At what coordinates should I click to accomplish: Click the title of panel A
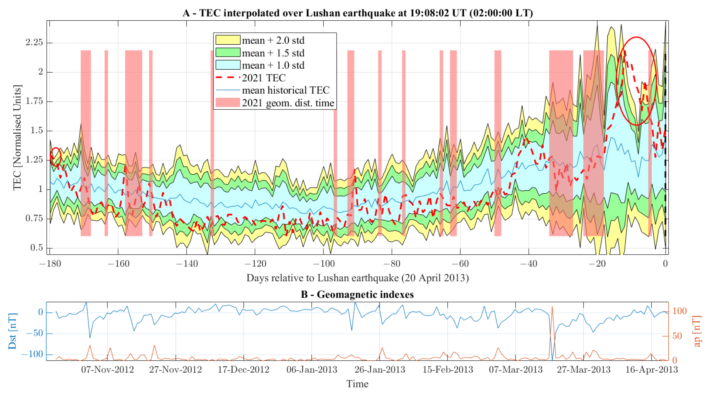[357, 13]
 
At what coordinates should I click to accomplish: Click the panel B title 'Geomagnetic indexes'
[357, 294]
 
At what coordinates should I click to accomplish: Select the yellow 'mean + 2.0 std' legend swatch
[228, 40]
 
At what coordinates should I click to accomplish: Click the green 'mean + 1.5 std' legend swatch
[228, 52]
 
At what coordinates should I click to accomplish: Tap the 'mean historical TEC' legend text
[286, 90]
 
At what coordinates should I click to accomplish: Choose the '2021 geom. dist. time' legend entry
[288, 103]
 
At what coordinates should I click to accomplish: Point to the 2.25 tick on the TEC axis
[34, 42]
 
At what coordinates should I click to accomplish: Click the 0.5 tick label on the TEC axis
[36, 247]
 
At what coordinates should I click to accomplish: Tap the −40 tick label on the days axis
[529, 264]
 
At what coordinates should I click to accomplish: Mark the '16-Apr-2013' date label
[651, 369]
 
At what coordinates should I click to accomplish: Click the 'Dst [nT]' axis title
[12, 331]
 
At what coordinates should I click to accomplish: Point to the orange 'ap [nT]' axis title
[697, 331]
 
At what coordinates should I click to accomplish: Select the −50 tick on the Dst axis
[34, 333]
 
